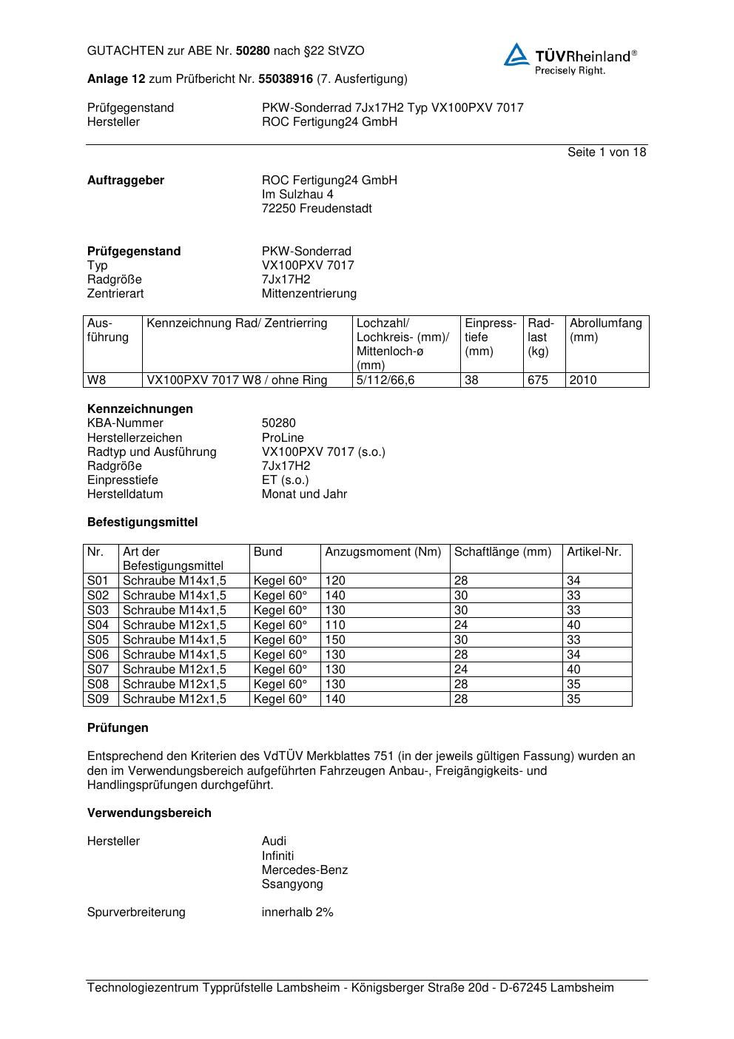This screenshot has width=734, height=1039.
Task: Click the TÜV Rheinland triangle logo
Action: tap(516, 55)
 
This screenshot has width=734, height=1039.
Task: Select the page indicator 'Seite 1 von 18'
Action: tap(606, 152)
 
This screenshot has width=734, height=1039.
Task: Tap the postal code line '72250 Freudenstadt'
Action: tap(317, 209)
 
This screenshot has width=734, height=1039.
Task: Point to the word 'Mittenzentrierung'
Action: tap(309, 294)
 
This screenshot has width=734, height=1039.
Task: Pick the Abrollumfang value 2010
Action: tap(583, 380)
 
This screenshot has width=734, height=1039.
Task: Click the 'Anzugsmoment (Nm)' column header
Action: tap(383, 552)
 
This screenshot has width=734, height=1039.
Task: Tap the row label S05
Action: tap(98, 640)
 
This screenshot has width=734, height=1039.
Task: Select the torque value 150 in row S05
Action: tap(335, 640)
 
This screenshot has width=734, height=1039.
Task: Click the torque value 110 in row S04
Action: tap(335, 625)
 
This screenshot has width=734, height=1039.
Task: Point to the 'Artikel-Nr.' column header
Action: tap(594, 552)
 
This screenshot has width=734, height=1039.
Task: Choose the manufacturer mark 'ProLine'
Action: tap(283, 438)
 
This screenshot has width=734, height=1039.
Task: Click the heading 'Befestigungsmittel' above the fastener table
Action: tap(142, 522)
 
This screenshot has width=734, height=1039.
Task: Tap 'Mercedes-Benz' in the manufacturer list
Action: tap(304, 870)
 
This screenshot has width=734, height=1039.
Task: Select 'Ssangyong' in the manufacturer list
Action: tap(292, 884)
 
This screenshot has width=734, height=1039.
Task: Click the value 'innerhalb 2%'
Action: tap(297, 912)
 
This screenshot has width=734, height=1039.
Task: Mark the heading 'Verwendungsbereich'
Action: tap(149, 813)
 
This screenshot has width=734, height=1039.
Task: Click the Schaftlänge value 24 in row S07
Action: tap(461, 670)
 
